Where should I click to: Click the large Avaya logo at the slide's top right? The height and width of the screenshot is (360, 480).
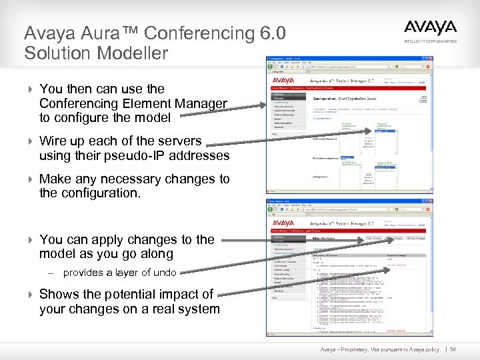(430, 29)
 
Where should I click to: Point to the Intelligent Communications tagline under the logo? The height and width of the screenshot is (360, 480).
(431, 41)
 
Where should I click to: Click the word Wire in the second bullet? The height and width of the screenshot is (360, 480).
(53, 141)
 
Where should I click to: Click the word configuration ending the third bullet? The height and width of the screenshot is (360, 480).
(100, 193)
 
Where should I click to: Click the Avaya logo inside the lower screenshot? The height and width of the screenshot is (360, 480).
(283, 223)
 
